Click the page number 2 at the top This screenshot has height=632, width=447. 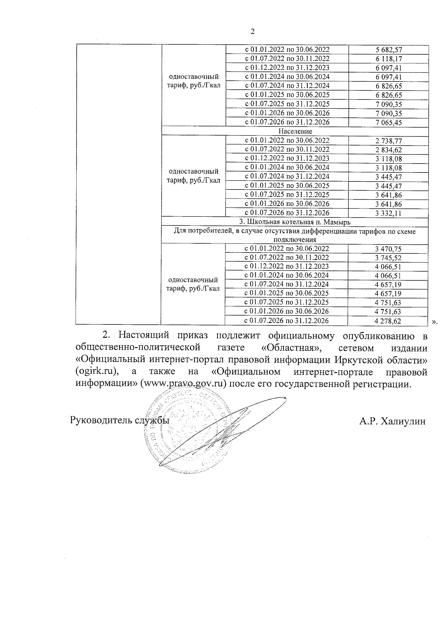253,32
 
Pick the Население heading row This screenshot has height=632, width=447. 295,131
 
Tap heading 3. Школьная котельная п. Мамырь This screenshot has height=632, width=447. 295,222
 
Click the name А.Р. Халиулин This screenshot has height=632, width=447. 392,421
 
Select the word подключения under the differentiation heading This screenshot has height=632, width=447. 295,240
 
